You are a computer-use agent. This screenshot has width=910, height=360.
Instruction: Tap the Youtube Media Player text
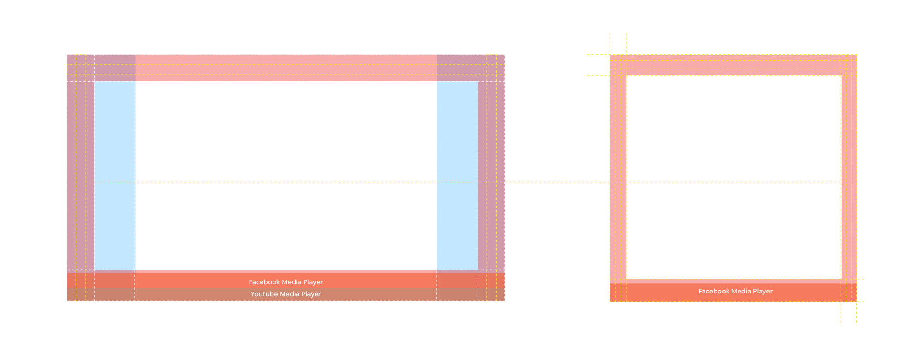pyautogui.click(x=286, y=294)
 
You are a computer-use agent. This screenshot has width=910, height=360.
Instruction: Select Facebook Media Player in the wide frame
pyautogui.click(x=286, y=282)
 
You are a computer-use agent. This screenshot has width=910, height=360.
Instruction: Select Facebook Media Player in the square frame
pyautogui.click(x=735, y=291)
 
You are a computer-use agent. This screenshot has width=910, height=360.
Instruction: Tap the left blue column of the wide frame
pyautogui.click(x=114, y=175)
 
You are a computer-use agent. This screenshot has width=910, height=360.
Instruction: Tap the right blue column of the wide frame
pyautogui.click(x=457, y=175)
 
